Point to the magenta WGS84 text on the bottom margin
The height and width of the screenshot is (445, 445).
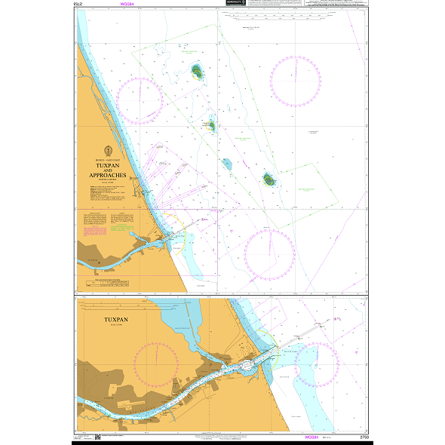pyautogui.click(x=310, y=437)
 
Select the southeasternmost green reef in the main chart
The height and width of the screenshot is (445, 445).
pyautogui.click(x=269, y=180)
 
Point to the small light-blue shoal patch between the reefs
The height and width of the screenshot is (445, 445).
pyautogui.click(x=226, y=163)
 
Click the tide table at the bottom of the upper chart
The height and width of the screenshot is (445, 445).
pyautogui.click(x=106, y=283)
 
